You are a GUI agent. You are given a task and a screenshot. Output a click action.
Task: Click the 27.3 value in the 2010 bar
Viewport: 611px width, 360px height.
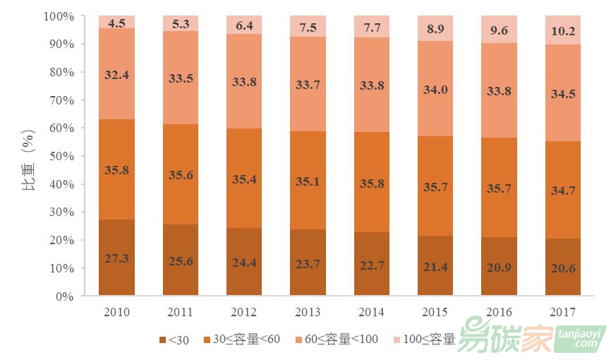[117, 258]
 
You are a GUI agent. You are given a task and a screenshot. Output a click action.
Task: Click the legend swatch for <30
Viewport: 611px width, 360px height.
[163, 340]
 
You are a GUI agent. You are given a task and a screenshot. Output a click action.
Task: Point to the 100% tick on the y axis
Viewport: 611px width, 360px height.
[59, 16]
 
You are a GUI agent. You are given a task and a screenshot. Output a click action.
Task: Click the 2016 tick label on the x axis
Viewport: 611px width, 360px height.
[500, 312]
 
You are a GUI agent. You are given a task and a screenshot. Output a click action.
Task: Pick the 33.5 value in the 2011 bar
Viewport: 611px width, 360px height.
[181, 78]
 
